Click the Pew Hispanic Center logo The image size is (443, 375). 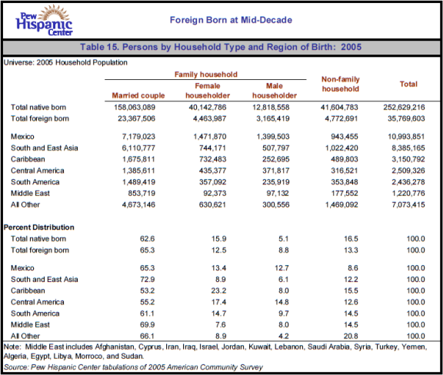tap(44, 21)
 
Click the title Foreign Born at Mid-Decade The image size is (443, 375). tap(231, 20)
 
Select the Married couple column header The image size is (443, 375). tap(138, 95)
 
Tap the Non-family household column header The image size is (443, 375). tap(341, 84)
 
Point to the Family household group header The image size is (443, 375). tap(205, 75)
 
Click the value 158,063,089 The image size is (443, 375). tap(135, 108)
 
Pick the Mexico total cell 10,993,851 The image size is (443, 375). tap(406, 137)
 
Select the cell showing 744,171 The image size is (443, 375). tap(212, 148)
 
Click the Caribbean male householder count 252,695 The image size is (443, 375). tap(276, 159)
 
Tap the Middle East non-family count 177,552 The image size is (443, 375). tap(345, 193)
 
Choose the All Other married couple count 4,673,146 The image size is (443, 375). tap(138, 204)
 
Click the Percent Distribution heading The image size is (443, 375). tap(39, 227)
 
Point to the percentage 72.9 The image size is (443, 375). tap(147, 279)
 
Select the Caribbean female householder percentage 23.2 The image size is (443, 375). tap(218, 290)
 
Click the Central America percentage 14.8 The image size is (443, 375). tap(281, 302)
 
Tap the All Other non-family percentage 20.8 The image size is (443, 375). tap(351, 336)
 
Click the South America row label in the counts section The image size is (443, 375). tap(35, 182)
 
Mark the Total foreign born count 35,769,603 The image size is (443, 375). tap(406, 118)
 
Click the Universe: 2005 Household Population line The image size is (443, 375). tap(65, 62)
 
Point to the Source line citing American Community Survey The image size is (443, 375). tap(133, 367)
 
